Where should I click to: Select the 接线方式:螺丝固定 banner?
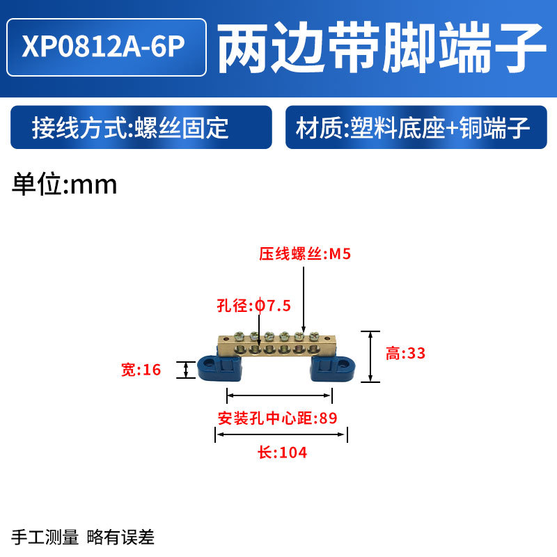[139, 128]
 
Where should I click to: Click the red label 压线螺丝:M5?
[305, 255]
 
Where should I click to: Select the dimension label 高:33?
[405, 354]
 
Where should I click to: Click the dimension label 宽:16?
[141, 370]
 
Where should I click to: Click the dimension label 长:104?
[283, 453]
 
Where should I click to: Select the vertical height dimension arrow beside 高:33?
[370, 356]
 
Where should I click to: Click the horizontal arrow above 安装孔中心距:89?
[279, 395]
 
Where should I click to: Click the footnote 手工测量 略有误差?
[84, 537]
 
